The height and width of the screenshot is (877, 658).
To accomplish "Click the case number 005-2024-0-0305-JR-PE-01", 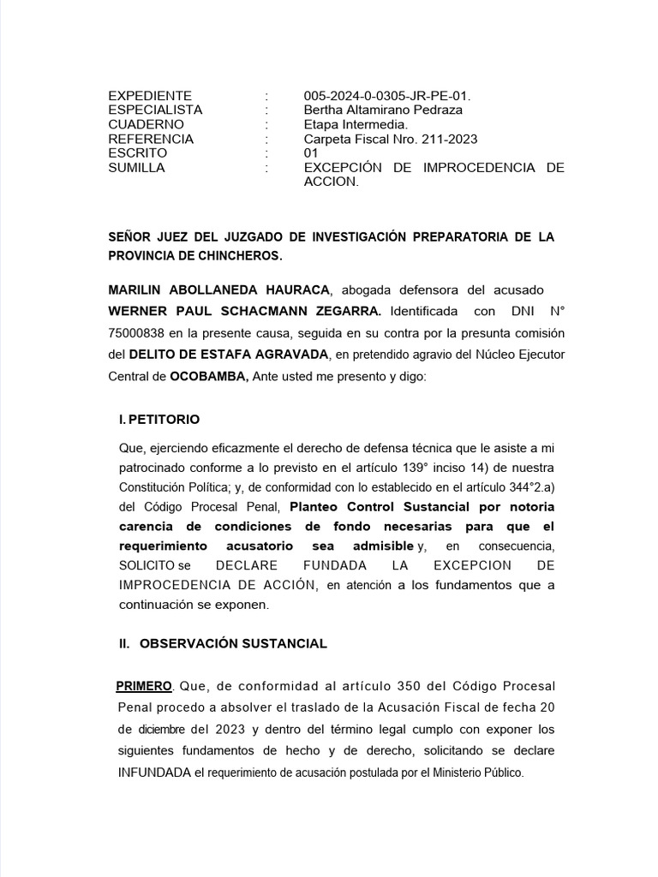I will [x=387, y=96].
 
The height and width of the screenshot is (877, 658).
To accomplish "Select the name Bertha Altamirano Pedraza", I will [x=383, y=110].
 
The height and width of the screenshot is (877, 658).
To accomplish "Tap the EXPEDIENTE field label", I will [x=150, y=96].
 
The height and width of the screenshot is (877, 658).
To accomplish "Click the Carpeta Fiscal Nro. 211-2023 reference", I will [x=391, y=140].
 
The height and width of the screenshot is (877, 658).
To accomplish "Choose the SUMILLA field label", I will [x=136, y=169].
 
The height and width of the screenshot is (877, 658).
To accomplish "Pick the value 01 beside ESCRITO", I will [x=311, y=154].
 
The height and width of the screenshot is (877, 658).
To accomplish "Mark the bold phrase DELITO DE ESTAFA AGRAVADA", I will [x=230, y=354].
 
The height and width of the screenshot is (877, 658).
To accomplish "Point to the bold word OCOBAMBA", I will [x=209, y=376].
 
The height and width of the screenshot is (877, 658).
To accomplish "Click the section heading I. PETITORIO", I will [x=159, y=420].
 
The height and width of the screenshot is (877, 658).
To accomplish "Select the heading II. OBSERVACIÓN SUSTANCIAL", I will [x=223, y=643].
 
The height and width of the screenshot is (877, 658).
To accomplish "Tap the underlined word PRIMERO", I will [x=144, y=687].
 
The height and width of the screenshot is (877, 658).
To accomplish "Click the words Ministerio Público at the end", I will [x=482, y=773].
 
